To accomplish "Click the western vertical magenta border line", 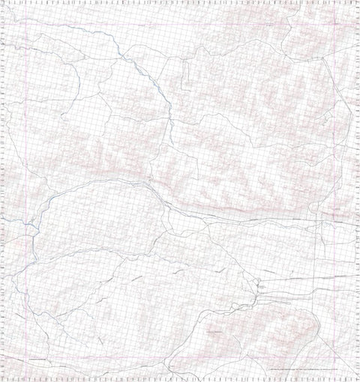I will coord(25,187).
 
